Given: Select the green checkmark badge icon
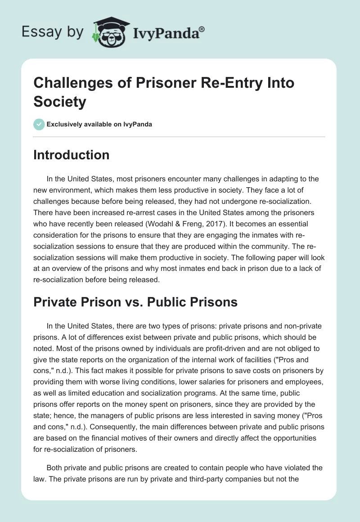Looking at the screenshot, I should coord(39,124).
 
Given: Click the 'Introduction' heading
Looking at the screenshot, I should coord(72,155).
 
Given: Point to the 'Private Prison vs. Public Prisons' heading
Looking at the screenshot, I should coord(135,301).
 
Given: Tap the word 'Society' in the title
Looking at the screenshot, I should coord(60,101).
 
